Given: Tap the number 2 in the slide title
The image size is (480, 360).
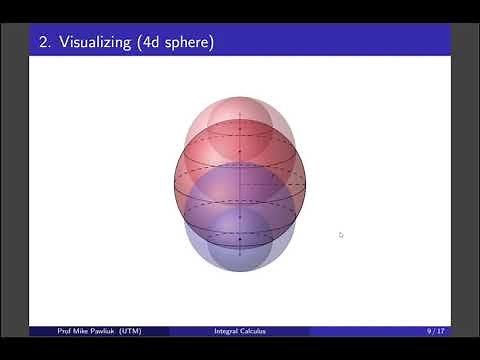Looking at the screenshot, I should (43, 42).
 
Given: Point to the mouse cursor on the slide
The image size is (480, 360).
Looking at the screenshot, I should (341, 235).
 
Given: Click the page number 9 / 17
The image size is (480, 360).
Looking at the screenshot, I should (436, 331).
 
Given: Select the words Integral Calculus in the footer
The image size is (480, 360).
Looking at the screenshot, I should (240, 331).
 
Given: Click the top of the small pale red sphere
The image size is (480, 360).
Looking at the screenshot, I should (240, 97).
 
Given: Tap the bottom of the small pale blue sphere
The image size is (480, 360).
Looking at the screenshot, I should (240, 271).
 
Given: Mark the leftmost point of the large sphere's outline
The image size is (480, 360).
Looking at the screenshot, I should (175, 184).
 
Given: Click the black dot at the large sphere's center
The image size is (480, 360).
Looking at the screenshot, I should (240, 184).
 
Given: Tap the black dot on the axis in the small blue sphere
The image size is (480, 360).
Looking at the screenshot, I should (240, 238).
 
